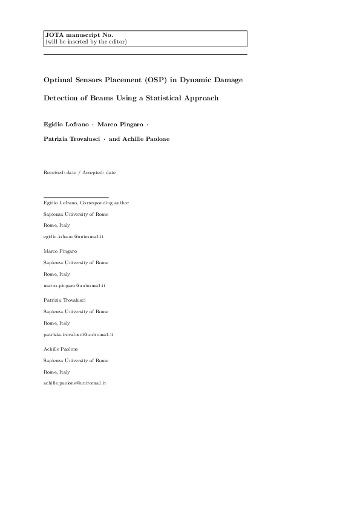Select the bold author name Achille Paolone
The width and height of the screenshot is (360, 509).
click(147, 139)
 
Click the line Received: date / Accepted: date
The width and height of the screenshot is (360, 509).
click(79, 172)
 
